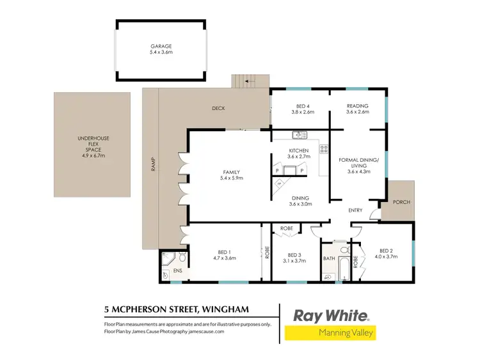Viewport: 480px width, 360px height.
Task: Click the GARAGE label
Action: point(161,46)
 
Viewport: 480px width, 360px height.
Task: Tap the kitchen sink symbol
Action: point(299,134)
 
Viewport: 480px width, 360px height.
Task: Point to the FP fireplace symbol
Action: point(280,184)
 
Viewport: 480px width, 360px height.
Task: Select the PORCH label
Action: point(402,202)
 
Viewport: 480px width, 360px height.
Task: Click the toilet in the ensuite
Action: point(182,258)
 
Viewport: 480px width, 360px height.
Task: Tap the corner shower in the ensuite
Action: point(168,258)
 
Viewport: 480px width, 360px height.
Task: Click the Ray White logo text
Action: point(330,315)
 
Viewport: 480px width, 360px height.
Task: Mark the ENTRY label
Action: point(355,210)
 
